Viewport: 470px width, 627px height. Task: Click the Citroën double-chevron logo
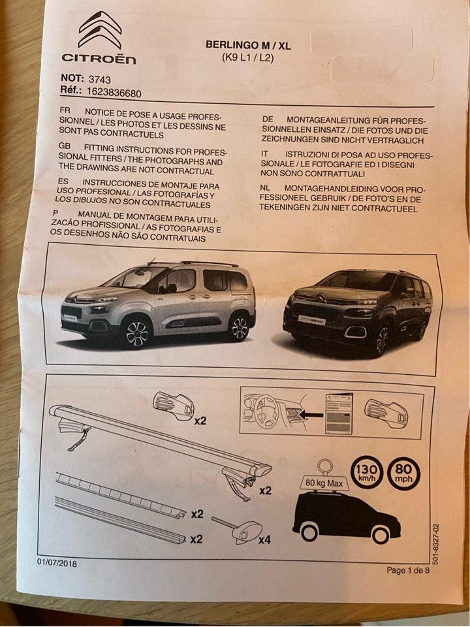pos(100,29)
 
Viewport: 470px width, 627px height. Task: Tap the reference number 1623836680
pos(114,93)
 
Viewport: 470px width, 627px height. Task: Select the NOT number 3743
pos(99,79)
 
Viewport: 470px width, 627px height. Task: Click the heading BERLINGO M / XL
pos(248,45)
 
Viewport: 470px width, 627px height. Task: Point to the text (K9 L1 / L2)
pos(248,57)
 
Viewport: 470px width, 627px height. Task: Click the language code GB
pos(65,147)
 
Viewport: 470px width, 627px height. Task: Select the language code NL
pos(265,187)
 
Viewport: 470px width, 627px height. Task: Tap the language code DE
pos(268,119)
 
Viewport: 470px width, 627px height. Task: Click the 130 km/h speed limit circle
pos(367,472)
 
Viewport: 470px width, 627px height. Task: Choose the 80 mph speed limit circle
pos(403,474)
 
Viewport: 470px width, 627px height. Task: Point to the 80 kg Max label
pos(324,483)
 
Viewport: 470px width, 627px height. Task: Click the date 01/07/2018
pos(57,563)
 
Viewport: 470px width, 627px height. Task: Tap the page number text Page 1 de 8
pos(408,570)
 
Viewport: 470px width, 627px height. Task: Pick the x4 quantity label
pos(264,540)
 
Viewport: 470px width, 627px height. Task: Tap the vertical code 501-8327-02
pos(435,544)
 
